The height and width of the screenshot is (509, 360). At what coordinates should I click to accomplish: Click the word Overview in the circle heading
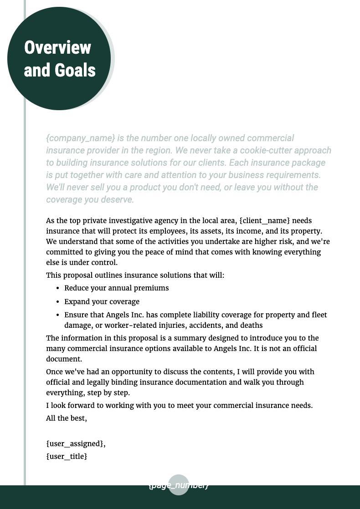pyautogui.click(x=57, y=48)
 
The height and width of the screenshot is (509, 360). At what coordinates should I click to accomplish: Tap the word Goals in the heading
pyautogui.click(x=75, y=71)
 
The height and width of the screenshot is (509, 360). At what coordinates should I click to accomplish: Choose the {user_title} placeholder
pyautogui.click(x=67, y=455)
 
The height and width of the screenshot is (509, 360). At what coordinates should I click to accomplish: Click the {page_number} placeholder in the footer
pyautogui.click(x=179, y=485)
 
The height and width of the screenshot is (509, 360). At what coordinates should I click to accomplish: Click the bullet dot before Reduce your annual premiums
pyautogui.click(x=58, y=288)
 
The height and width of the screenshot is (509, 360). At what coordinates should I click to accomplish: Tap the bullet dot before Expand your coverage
pyautogui.click(x=58, y=302)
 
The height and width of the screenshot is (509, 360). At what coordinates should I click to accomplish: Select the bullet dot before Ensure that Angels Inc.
pyautogui.click(x=58, y=315)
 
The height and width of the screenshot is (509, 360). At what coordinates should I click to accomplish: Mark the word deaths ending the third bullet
pyautogui.click(x=252, y=325)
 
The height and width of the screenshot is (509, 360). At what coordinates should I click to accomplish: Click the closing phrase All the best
pyautogui.click(x=67, y=417)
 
